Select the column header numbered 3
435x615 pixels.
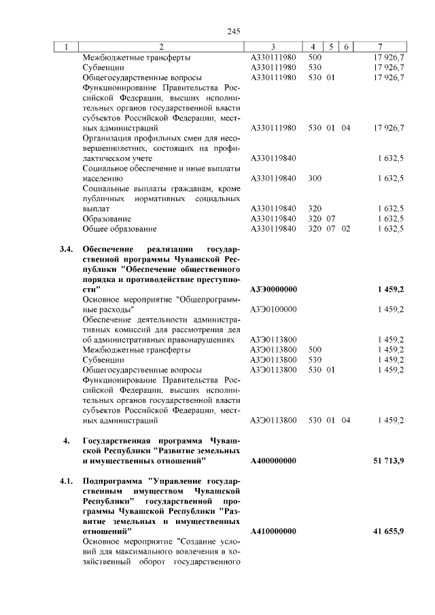click(271, 47)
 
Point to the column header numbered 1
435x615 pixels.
click(65, 47)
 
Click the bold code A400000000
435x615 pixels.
click(273, 461)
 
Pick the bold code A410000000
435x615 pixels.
click(273, 531)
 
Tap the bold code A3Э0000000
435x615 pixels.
click(273, 289)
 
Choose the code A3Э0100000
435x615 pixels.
click(273, 309)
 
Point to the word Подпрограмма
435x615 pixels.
click(110, 482)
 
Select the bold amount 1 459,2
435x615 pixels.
click(391, 289)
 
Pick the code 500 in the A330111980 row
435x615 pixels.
click(315, 58)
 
